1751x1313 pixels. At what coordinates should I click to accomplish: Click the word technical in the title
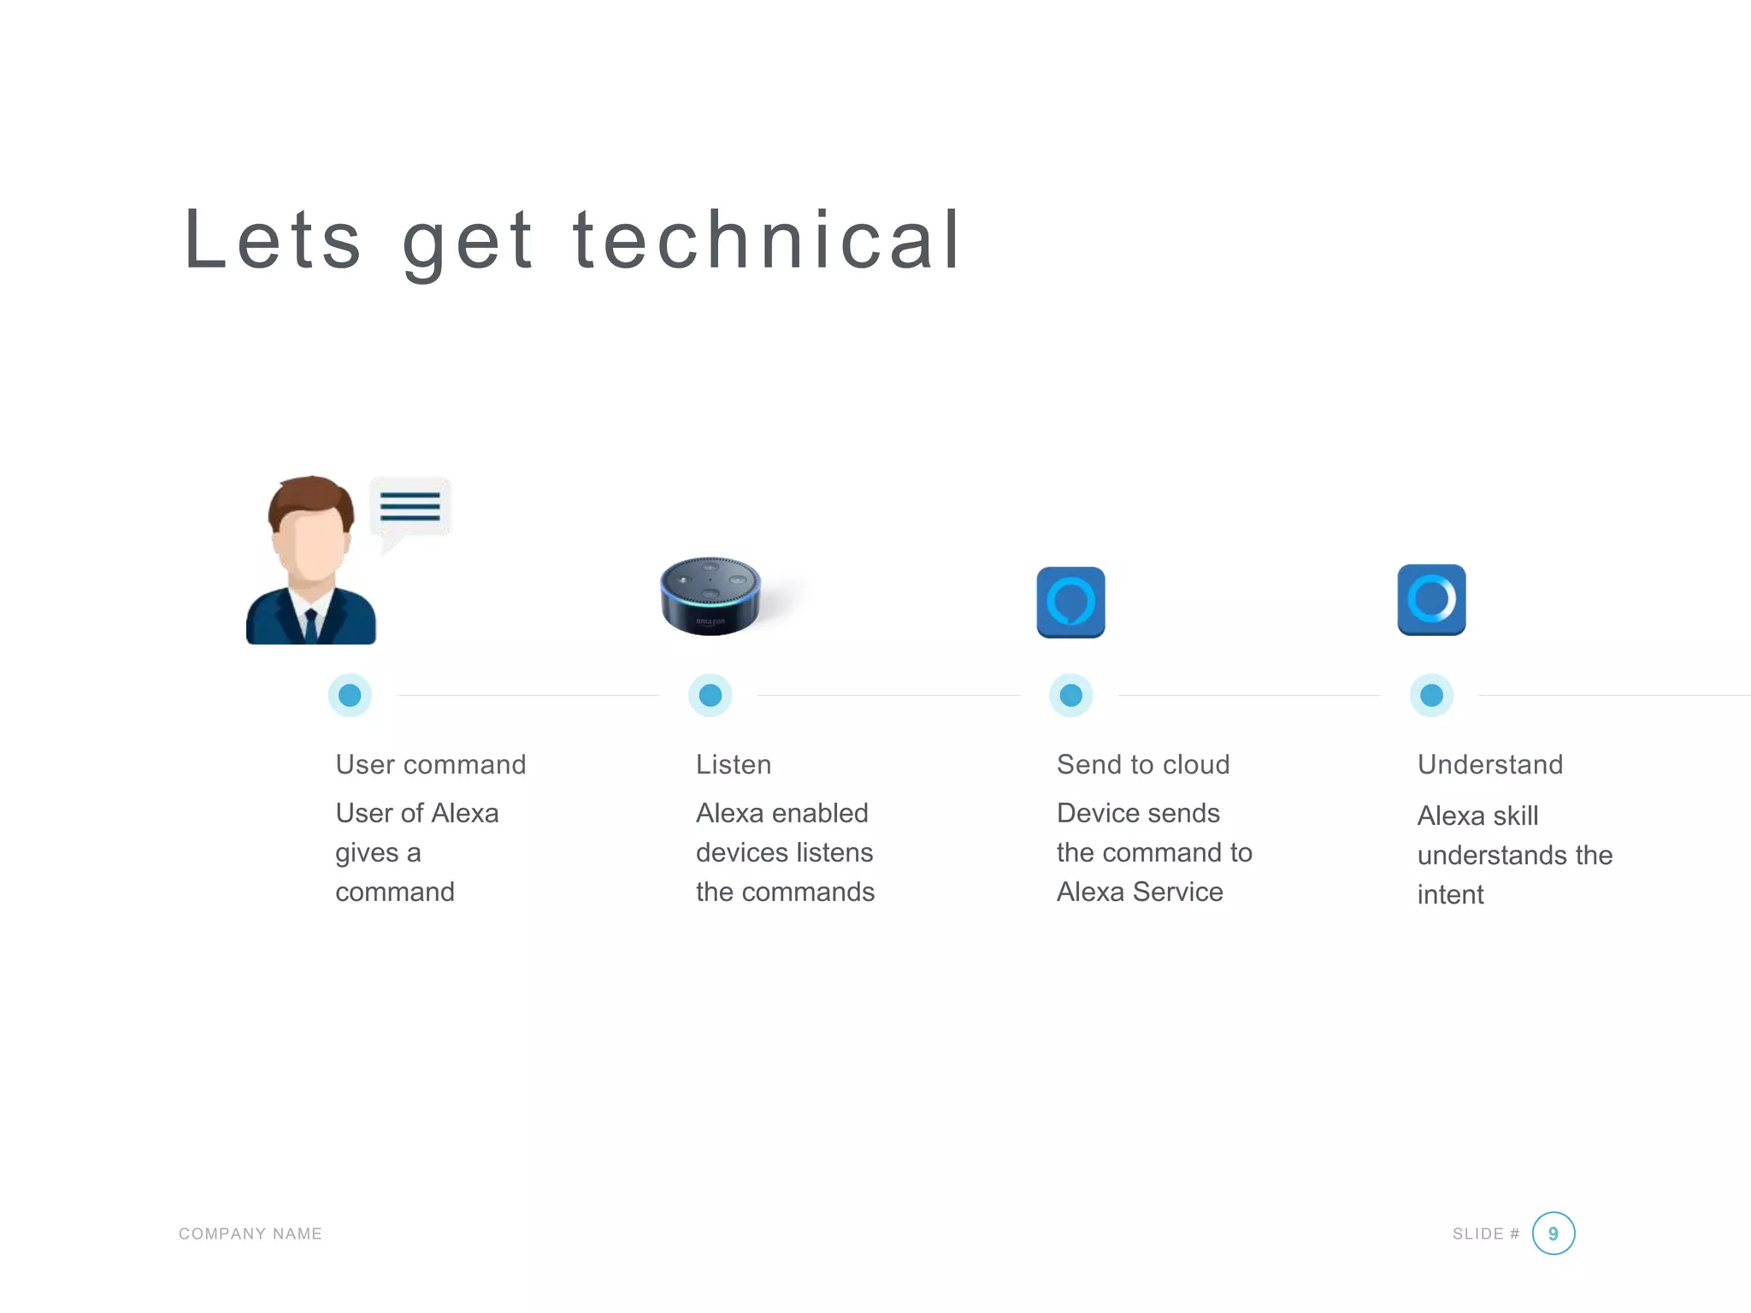[x=767, y=240]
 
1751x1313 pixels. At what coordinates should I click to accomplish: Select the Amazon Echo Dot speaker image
[x=710, y=596]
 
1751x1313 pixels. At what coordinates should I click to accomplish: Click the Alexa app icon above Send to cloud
[x=1070, y=602]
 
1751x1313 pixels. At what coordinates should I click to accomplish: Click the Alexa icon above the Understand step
[x=1431, y=599]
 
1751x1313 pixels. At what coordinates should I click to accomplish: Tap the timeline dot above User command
[x=350, y=695]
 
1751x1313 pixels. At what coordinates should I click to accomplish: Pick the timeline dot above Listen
[x=710, y=695]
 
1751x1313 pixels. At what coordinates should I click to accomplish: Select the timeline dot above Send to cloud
[x=1071, y=695]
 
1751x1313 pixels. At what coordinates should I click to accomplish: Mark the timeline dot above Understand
[x=1432, y=695]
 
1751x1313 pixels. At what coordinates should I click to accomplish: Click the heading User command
[x=430, y=764]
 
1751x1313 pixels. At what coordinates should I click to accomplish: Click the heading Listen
[x=734, y=764]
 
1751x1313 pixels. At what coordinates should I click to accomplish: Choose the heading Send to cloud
[x=1143, y=764]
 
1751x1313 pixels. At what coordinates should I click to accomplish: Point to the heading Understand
[x=1490, y=764]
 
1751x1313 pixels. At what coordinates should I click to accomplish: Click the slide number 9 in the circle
[x=1553, y=1234]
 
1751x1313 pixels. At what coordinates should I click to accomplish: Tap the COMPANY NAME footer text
[x=251, y=1234]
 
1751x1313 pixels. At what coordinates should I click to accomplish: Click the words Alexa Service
[x=1140, y=892]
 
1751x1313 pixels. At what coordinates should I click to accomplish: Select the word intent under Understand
[x=1450, y=894]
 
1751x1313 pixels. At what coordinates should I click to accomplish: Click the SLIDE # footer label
[x=1485, y=1234]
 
